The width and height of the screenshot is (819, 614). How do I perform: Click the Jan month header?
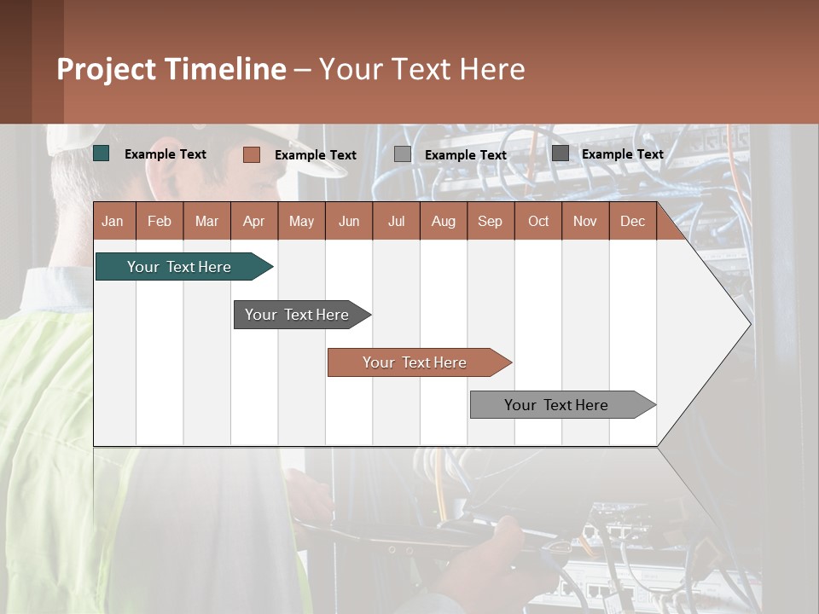point(113,221)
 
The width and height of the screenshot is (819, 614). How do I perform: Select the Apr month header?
point(254,221)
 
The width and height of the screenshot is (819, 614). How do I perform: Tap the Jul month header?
point(396,221)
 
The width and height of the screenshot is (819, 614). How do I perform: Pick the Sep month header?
point(490,221)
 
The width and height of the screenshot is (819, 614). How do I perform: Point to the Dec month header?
point(632,221)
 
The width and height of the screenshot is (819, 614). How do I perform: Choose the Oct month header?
point(537,221)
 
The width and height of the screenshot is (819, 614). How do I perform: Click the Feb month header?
point(160,221)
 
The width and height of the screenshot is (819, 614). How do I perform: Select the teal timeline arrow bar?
point(180,267)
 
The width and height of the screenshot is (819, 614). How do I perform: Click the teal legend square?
point(102,153)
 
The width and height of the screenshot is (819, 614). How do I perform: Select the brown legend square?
point(252,154)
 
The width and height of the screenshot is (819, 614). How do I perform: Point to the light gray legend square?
point(403,154)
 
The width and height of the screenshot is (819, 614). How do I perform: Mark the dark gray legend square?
point(561,153)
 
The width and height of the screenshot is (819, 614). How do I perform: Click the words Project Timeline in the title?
point(171,69)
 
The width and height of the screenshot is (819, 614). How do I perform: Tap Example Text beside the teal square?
point(166,154)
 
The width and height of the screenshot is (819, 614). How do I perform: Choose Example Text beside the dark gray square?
point(623,154)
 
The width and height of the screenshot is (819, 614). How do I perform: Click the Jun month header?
point(349,221)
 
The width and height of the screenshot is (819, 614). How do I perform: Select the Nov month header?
point(585,221)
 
